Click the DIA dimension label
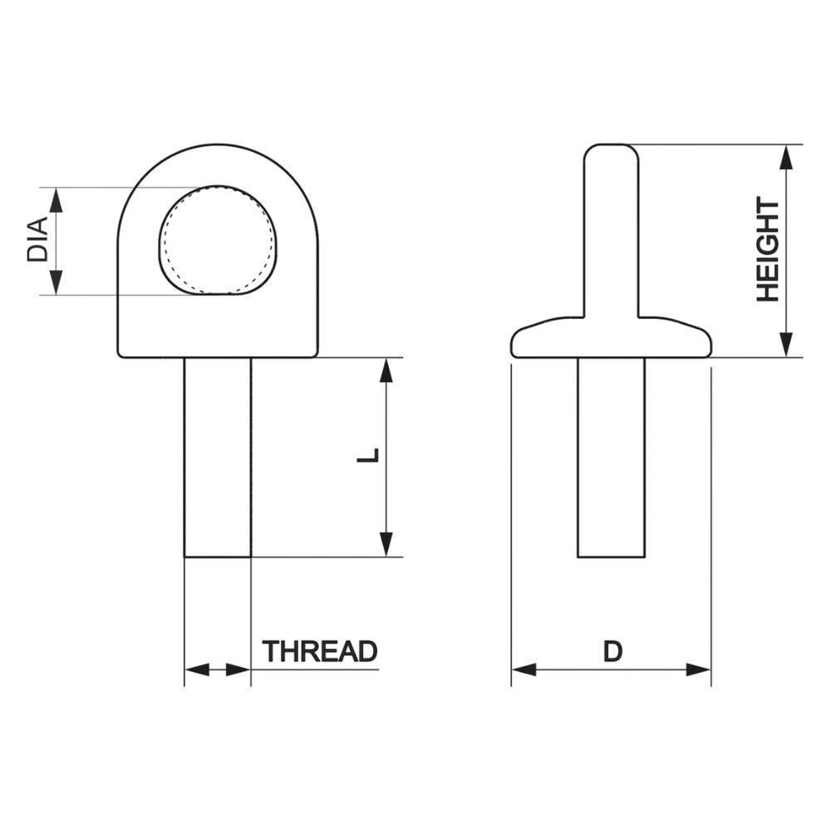click(x=37, y=241)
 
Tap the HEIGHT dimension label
click(x=767, y=250)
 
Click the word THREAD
click(x=320, y=652)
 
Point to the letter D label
click(x=612, y=652)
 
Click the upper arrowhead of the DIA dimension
click(x=56, y=199)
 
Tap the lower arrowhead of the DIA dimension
click(x=56, y=283)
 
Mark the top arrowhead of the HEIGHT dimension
click(x=786, y=157)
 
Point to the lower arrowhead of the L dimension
click(x=386, y=544)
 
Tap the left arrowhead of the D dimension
click(x=524, y=670)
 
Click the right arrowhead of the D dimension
click(x=699, y=670)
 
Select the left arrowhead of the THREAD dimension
click(x=196, y=670)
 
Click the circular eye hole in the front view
click(x=217, y=240)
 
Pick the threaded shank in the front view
click(x=217, y=457)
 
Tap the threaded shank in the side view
click(x=611, y=457)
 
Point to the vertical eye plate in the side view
click(x=612, y=233)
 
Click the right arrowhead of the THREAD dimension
click(x=238, y=670)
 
